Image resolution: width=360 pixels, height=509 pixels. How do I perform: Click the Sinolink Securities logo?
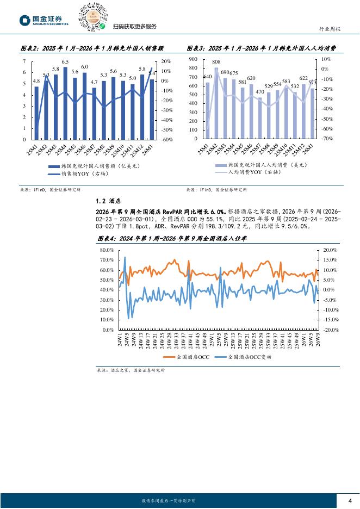click(44, 21)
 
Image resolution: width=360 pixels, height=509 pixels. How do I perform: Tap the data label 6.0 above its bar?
click(84, 66)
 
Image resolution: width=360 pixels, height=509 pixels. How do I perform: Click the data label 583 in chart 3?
click(286, 80)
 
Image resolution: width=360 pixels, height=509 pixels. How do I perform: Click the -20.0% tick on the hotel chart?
click(331, 330)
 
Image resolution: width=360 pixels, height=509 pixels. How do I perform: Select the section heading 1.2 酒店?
click(108, 200)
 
